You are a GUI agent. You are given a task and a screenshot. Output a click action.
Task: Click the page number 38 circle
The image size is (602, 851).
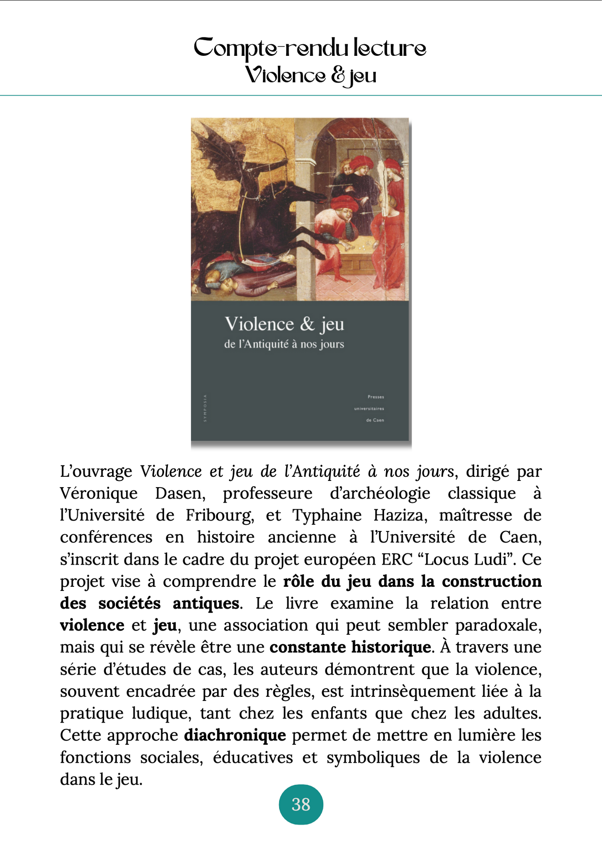tap(301, 804)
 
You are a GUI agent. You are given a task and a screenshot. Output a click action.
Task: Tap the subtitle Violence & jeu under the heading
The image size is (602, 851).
tap(310, 76)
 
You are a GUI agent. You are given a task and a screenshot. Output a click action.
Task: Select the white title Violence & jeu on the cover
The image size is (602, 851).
tap(284, 324)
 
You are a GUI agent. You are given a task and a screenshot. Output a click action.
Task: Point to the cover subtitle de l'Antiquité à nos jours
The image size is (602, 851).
tap(284, 344)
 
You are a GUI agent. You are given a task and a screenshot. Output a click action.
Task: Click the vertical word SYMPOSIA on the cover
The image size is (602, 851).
tap(205, 408)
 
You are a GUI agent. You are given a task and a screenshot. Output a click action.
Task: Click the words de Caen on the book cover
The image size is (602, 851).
tap(375, 420)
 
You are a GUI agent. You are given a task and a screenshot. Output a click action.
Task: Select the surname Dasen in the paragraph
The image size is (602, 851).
tap(180, 493)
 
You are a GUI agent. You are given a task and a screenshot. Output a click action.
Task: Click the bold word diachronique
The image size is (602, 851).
tap(235, 735)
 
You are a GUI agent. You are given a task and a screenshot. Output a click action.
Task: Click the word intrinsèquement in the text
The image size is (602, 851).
tap(412, 691)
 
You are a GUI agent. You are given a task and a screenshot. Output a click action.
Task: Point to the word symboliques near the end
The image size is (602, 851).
tap(373, 757)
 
